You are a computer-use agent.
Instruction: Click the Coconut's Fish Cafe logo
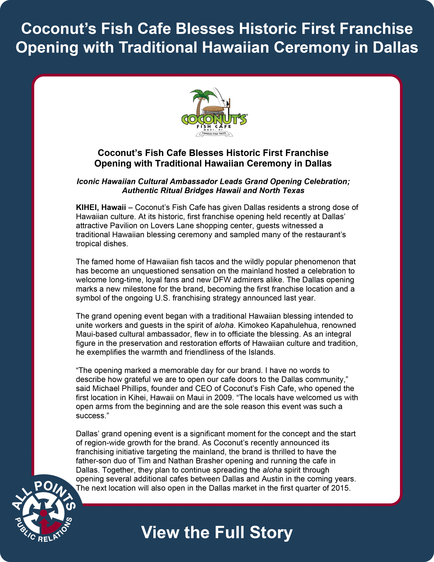[x=214, y=112]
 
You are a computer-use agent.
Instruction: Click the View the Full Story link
[x=217, y=532]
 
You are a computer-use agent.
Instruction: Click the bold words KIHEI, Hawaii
[x=101, y=207]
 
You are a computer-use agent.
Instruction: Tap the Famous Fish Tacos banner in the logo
[x=214, y=133]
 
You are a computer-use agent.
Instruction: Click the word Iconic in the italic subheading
[x=88, y=181]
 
